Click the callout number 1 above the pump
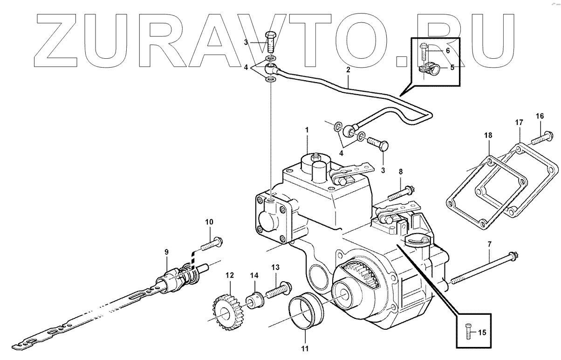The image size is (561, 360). pyautogui.click(x=307, y=129)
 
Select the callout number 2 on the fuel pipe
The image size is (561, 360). pyautogui.click(x=348, y=70)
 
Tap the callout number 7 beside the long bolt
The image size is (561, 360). pyautogui.click(x=489, y=244)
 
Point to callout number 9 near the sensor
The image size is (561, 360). pyautogui.click(x=166, y=252)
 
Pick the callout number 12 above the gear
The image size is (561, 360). pyautogui.click(x=228, y=275)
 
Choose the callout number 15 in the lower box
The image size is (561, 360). pyautogui.click(x=481, y=332)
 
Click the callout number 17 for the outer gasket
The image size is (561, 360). pyautogui.click(x=519, y=122)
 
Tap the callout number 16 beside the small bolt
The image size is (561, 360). pyautogui.click(x=539, y=116)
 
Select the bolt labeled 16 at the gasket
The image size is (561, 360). pyautogui.click(x=541, y=138)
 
